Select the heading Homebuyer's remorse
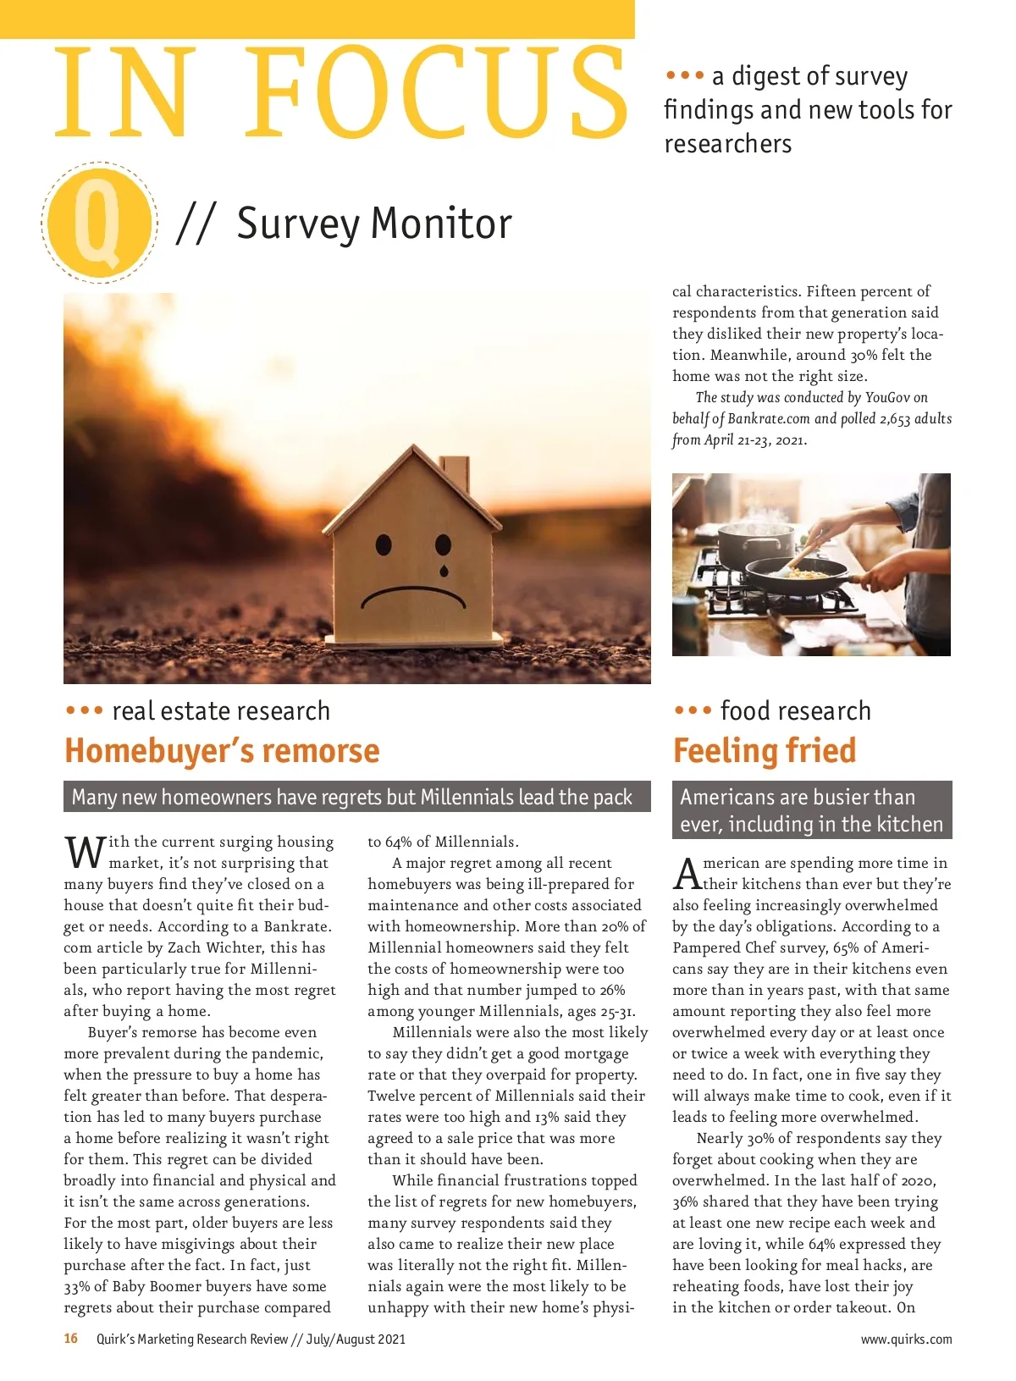[x=222, y=751]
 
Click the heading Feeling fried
[x=765, y=751]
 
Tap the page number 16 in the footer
[x=71, y=1339]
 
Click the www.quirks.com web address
[x=906, y=1340]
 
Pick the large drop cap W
[x=85, y=853]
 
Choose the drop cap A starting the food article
[x=687, y=874]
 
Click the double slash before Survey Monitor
[x=196, y=224]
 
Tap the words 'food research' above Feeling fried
[x=795, y=711]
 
